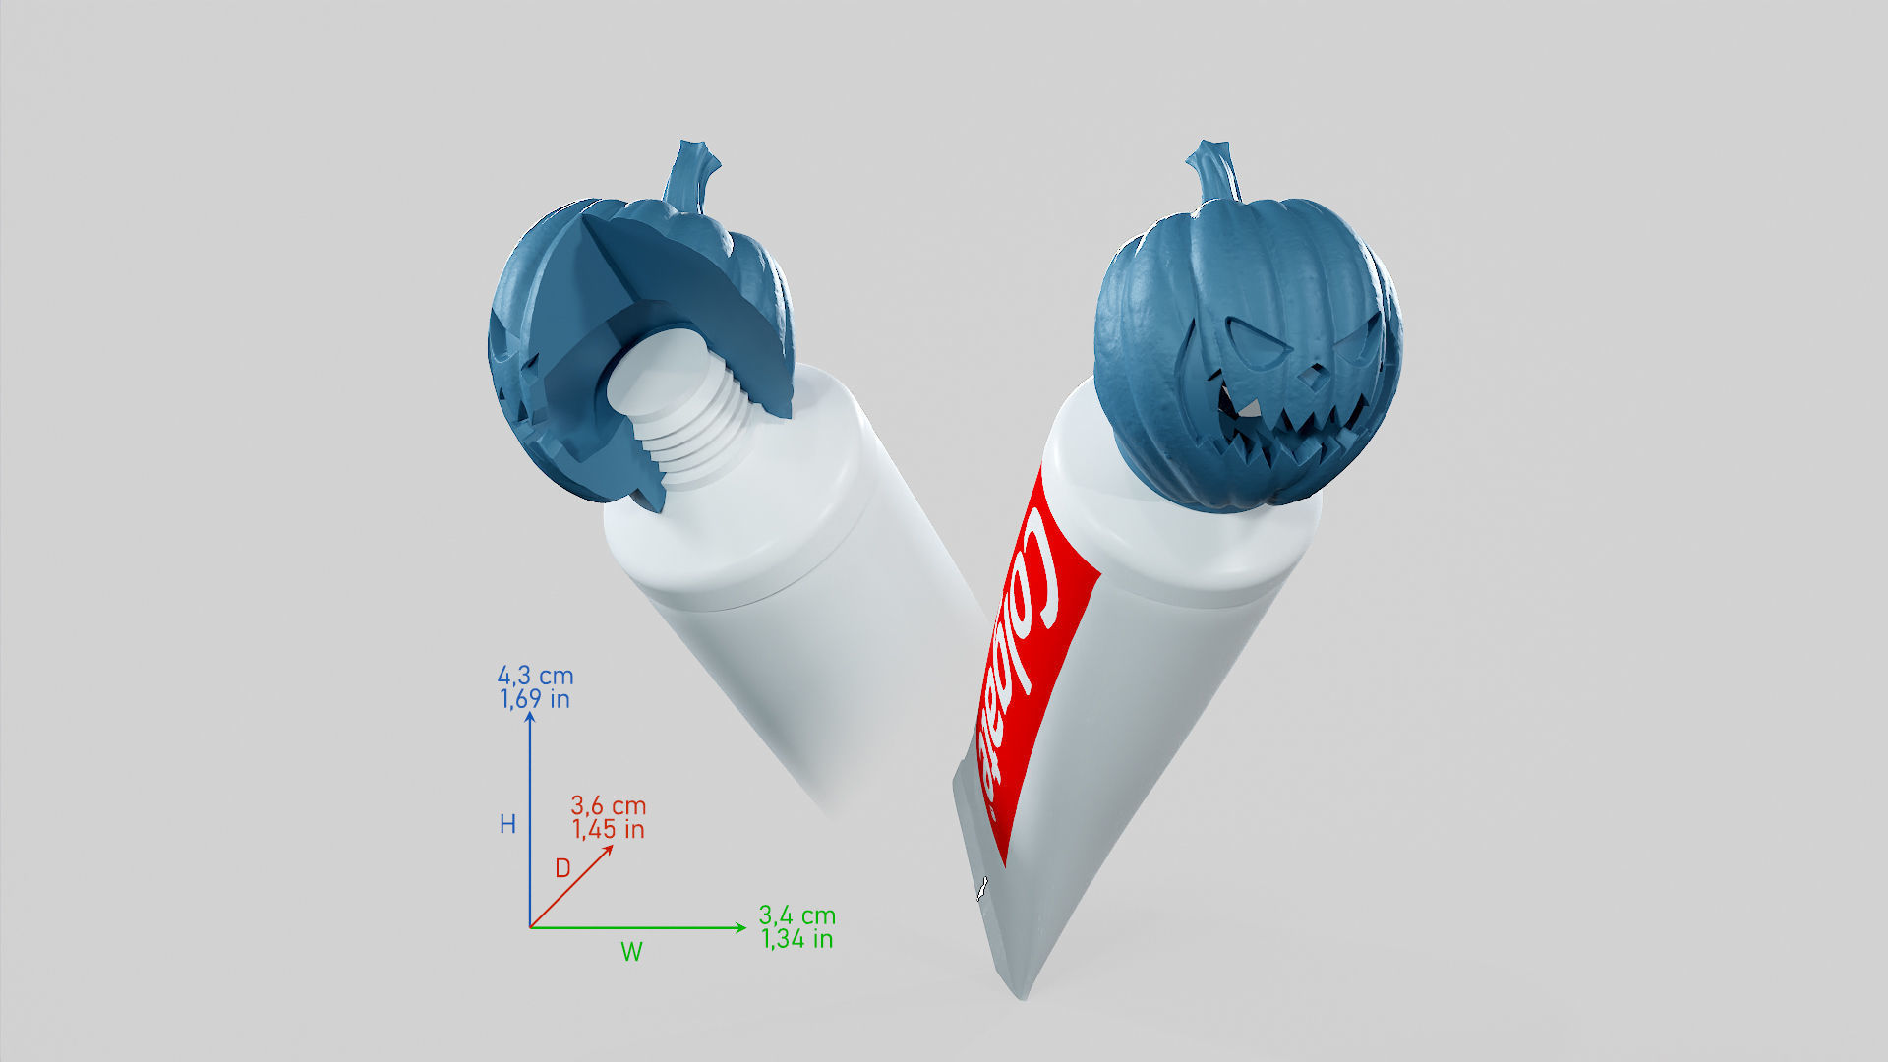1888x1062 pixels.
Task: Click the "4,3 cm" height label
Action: pyautogui.click(x=535, y=676)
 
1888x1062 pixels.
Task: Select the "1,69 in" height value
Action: pyautogui.click(x=535, y=699)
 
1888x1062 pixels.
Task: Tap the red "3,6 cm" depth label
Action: pyautogui.click(x=608, y=805)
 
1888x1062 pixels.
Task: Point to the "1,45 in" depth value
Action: pyautogui.click(x=608, y=829)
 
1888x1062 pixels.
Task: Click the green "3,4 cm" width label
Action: pyautogui.click(x=796, y=915)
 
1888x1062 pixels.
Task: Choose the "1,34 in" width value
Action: pyautogui.click(x=796, y=939)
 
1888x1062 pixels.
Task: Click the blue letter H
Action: pyautogui.click(x=507, y=824)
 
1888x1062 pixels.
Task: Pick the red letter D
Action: pyautogui.click(x=562, y=867)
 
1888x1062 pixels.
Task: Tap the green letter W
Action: pyautogui.click(x=631, y=951)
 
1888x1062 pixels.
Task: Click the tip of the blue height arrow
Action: pyautogui.click(x=530, y=714)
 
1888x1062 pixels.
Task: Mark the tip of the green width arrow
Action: pyautogui.click(x=744, y=927)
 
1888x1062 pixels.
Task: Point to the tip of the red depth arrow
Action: pyautogui.click(x=612, y=847)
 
